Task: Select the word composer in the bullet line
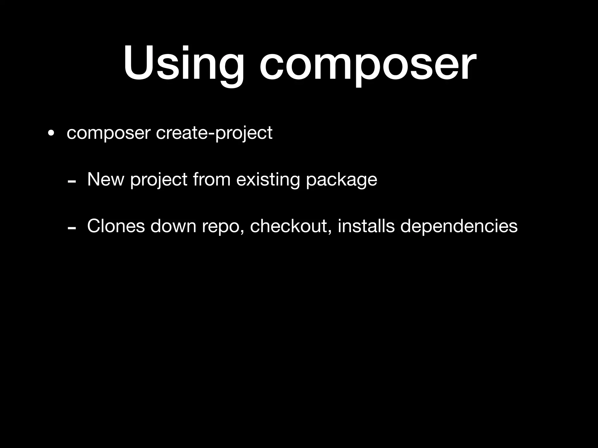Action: coord(108,133)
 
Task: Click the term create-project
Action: coord(214,133)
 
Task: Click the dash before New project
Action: coord(72,181)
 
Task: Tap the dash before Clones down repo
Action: coord(72,228)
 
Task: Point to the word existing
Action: coord(268,180)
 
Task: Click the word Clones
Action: coord(116,226)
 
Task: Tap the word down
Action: coord(173,226)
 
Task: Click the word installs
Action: coord(366,226)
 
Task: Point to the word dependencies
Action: coord(459,226)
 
